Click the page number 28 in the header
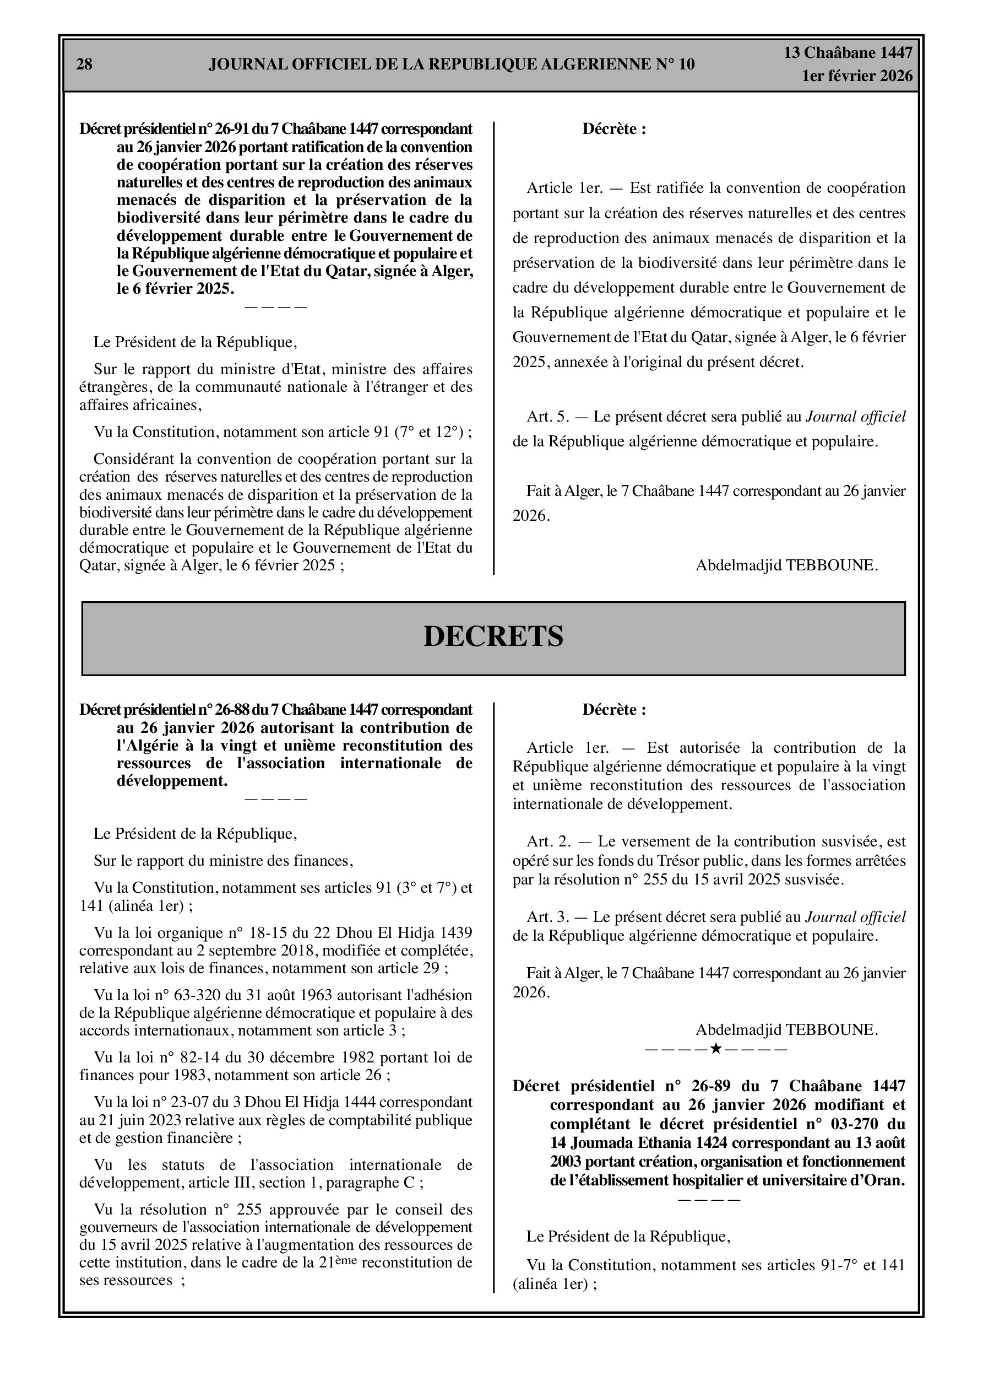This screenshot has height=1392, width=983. [x=84, y=64]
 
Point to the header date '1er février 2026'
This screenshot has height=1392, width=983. [x=857, y=76]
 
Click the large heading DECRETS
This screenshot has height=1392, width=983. [x=493, y=636]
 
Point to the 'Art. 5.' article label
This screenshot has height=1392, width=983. [x=548, y=417]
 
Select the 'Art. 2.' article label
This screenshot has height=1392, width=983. [x=548, y=841]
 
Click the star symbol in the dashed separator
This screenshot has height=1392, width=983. [x=716, y=1048]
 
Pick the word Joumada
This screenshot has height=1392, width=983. [x=597, y=1143]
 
